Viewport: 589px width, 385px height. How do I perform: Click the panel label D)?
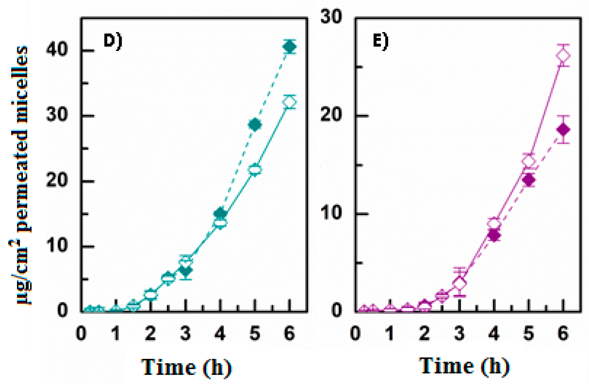(x=113, y=41)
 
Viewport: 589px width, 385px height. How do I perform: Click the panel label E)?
(x=381, y=41)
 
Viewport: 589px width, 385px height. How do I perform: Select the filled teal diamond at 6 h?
(x=289, y=47)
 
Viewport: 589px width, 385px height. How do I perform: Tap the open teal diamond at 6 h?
(x=289, y=102)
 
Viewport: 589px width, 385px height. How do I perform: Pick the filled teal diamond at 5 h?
(x=255, y=124)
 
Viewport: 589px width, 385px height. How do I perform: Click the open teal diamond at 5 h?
(x=255, y=170)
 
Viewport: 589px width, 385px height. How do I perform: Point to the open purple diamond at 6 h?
(x=563, y=55)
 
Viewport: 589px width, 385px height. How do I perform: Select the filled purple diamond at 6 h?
(x=563, y=130)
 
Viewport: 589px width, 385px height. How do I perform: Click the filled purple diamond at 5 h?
(x=529, y=180)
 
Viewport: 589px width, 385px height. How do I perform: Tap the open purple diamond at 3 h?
(x=459, y=283)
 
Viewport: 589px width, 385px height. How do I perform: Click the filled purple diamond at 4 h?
(x=494, y=236)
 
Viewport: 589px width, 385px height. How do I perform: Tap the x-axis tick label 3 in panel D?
(x=185, y=333)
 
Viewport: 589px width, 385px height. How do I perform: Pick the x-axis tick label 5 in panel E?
(x=528, y=333)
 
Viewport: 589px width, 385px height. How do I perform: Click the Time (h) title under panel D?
(x=186, y=368)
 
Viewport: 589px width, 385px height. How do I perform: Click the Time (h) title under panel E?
(x=464, y=367)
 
